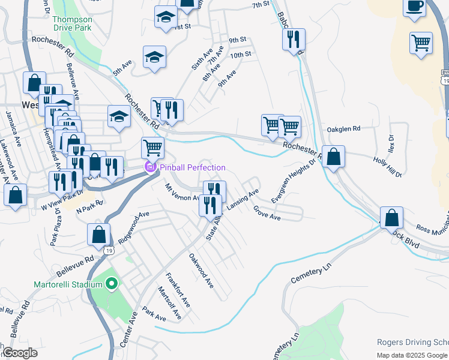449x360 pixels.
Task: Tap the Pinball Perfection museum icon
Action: pos(149,167)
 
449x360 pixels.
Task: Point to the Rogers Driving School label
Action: pos(412,342)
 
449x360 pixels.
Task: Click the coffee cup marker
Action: pos(414,7)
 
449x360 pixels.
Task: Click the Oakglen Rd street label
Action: pos(343,128)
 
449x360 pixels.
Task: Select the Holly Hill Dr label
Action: pos(387,167)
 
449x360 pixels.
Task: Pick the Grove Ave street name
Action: pos(267,212)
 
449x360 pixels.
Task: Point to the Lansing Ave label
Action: pos(243,199)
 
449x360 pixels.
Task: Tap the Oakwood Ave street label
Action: pos(201,271)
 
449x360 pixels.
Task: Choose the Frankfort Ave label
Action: pos(178,290)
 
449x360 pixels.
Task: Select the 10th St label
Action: pos(240,55)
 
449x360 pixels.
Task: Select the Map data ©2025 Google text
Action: pos(412,355)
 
